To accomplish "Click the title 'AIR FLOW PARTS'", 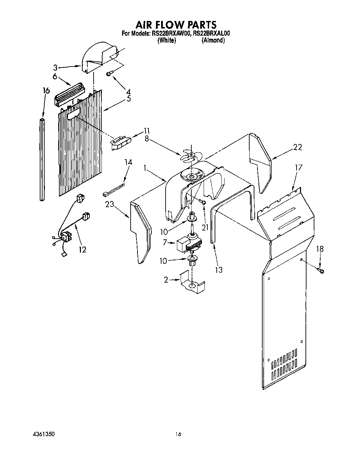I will click(176, 25).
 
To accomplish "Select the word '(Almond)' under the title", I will click(213, 40).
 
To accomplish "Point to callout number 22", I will click(297, 147).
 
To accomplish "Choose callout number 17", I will click(299, 167).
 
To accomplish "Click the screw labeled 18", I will click(321, 271).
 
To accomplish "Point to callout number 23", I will click(109, 205).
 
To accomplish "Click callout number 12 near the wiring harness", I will click(82, 249).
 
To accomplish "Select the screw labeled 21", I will click(203, 203).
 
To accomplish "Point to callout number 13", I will click(218, 270).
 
